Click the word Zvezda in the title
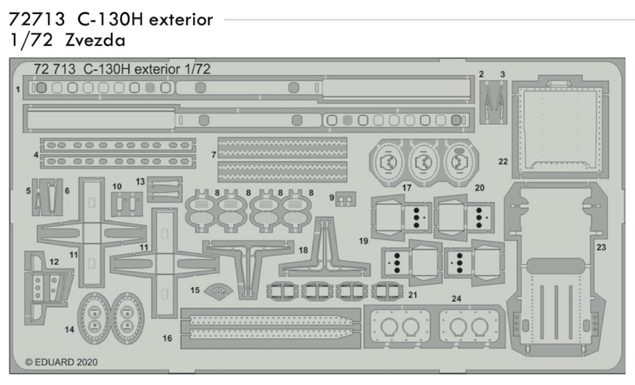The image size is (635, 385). (x=95, y=40)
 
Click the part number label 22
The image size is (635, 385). (x=503, y=161)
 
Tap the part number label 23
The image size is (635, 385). (x=601, y=247)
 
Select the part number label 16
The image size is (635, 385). (x=167, y=338)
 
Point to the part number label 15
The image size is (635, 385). (x=195, y=290)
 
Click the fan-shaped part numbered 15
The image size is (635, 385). (x=218, y=292)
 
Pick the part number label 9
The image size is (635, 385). (x=331, y=198)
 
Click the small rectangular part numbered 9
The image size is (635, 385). (x=346, y=199)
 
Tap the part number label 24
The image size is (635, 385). (x=457, y=299)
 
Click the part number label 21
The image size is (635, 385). (x=413, y=295)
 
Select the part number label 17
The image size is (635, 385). (x=406, y=187)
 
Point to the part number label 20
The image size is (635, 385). (x=479, y=187)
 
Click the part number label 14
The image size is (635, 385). (x=69, y=330)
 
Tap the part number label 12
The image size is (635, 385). (x=54, y=262)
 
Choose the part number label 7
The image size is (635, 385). (x=213, y=154)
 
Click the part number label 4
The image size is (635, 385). (x=36, y=155)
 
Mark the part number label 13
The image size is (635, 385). (x=140, y=182)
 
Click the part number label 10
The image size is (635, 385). (x=117, y=186)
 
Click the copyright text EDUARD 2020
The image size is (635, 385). (x=62, y=362)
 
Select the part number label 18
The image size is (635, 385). (x=304, y=250)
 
